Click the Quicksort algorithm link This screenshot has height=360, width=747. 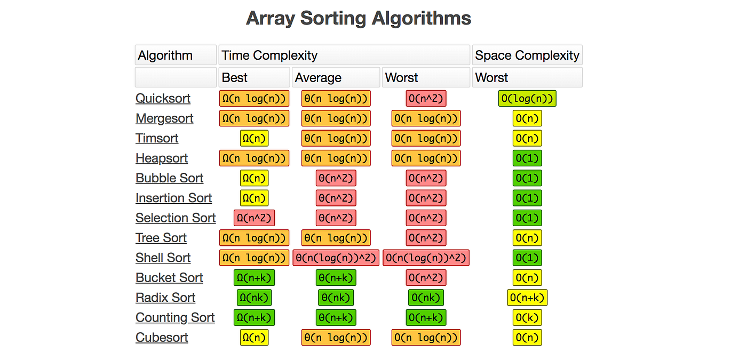pyautogui.click(x=163, y=99)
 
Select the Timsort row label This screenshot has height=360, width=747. pyautogui.click(x=157, y=139)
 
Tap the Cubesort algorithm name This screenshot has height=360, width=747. pyautogui.click(x=162, y=338)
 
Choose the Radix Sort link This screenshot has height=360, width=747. pyautogui.click(x=165, y=298)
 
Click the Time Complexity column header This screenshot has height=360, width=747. pyautogui.click(x=269, y=55)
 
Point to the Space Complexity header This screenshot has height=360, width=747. pyautogui.click(x=527, y=55)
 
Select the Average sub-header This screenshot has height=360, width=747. pyautogui.click(x=318, y=78)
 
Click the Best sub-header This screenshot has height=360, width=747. pyautogui.click(x=235, y=78)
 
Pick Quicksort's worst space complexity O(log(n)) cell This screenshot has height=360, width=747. pyautogui.click(x=527, y=99)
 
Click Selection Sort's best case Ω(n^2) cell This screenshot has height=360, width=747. pyautogui.click(x=254, y=218)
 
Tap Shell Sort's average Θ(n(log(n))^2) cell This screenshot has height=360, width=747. pyautogui.click(x=336, y=258)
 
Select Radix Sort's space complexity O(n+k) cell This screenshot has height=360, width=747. pyautogui.click(x=527, y=298)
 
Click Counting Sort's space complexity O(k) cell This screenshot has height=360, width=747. pyautogui.click(x=527, y=318)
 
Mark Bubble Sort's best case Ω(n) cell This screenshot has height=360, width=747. pyautogui.click(x=254, y=178)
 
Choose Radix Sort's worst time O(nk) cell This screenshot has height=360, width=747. pyautogui.click(x=426, y=298)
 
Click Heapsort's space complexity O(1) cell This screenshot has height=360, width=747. pyautogui.click(x=527, y=158)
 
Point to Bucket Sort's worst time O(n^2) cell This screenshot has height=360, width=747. pyautogui.click(x=426, y=278)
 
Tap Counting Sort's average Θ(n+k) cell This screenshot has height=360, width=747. pyautogui.click(x=336, y=318)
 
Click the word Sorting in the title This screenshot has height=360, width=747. pyautogui.click(x=333, y=18)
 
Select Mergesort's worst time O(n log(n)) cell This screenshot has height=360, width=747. pyautogui.click(x=426, y=118)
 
